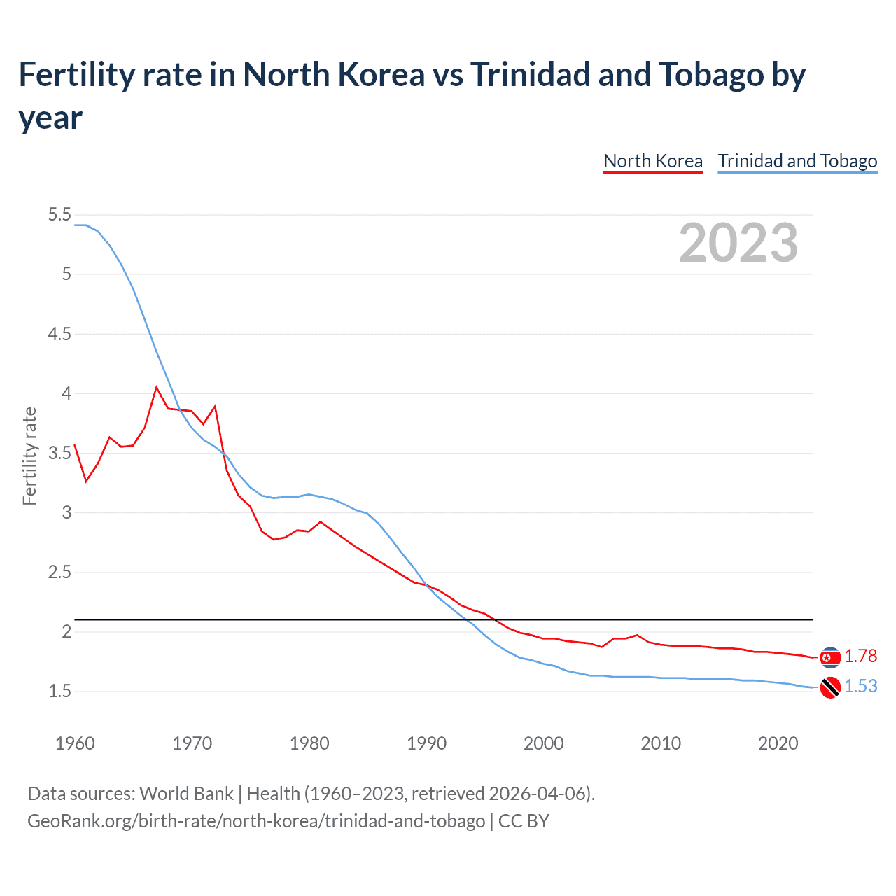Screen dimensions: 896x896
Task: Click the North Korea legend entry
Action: click(652, 161)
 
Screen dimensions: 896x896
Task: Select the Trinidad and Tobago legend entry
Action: click(797, 161)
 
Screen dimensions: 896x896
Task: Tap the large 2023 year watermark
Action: click(738, 243)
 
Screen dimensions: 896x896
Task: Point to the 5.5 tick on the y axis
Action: click(59, 215)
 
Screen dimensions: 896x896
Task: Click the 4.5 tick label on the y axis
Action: click(59, 334)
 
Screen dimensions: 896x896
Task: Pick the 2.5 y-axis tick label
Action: click(59, 572)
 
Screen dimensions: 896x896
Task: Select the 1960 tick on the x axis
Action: click(75, 743)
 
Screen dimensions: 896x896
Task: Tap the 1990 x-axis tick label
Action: click(426, 743)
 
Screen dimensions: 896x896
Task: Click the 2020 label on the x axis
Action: click(778, 743)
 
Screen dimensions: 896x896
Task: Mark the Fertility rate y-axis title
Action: click(29, 456)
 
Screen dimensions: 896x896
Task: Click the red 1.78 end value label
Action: click(860, 656)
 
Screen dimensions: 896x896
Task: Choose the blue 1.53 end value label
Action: click(860, 686)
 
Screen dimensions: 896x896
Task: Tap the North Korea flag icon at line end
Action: click(830, 657)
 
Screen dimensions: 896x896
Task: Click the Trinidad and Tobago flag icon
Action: click(830, 688)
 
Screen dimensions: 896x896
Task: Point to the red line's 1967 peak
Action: click(157, 387)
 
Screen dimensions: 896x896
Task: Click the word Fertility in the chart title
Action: click(71, 75)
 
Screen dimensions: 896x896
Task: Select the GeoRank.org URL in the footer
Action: click(256, 820)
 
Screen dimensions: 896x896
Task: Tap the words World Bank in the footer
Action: click(186, 794)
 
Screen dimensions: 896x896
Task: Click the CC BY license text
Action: click(524, 820)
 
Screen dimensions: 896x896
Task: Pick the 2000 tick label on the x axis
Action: click(543, 743)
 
